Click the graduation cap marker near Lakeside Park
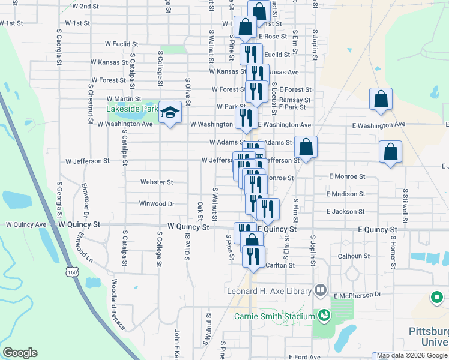pos(170,113)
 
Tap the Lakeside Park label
pos(131,109)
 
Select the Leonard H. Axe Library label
pos(270,292)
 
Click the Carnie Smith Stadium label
pos(274,316)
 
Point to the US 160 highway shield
pos(72,272)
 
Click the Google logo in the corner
pos(20,353)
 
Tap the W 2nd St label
pos(85,6)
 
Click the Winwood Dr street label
pos(156,204)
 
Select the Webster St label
pos(156,182)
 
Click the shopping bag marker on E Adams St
pos(306,148)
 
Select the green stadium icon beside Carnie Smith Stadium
pos(324,315)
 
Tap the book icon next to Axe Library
pos(321,291)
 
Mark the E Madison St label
pos(346,194)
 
